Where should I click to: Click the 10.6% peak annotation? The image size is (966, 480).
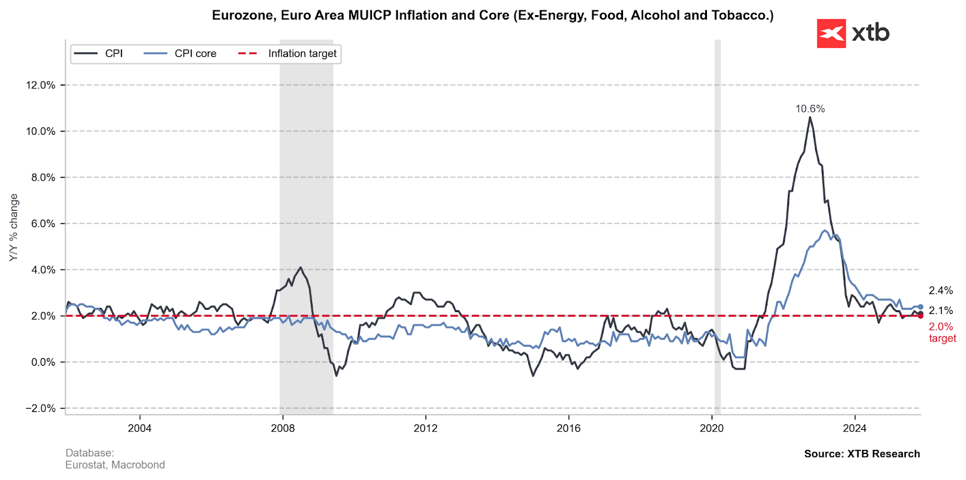coord(810,109)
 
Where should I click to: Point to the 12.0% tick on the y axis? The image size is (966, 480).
coord(40,85)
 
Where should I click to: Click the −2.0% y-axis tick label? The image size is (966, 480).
coord(40,409)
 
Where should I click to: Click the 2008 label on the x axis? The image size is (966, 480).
coord(283,428)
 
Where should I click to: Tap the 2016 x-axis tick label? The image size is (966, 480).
coord(569,428)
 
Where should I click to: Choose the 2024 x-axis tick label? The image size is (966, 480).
coord(854,428)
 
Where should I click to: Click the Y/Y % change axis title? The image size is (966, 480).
coord(14,228)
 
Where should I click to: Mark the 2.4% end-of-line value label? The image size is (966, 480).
coord(940,290)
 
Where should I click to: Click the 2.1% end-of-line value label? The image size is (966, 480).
coord(940,310)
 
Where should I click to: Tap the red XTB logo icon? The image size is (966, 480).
coord(831,33)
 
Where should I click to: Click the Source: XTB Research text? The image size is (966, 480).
coord(862,454)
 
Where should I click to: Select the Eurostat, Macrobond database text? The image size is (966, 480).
coord(115,465)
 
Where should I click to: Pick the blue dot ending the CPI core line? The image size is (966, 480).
coord(920,307)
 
